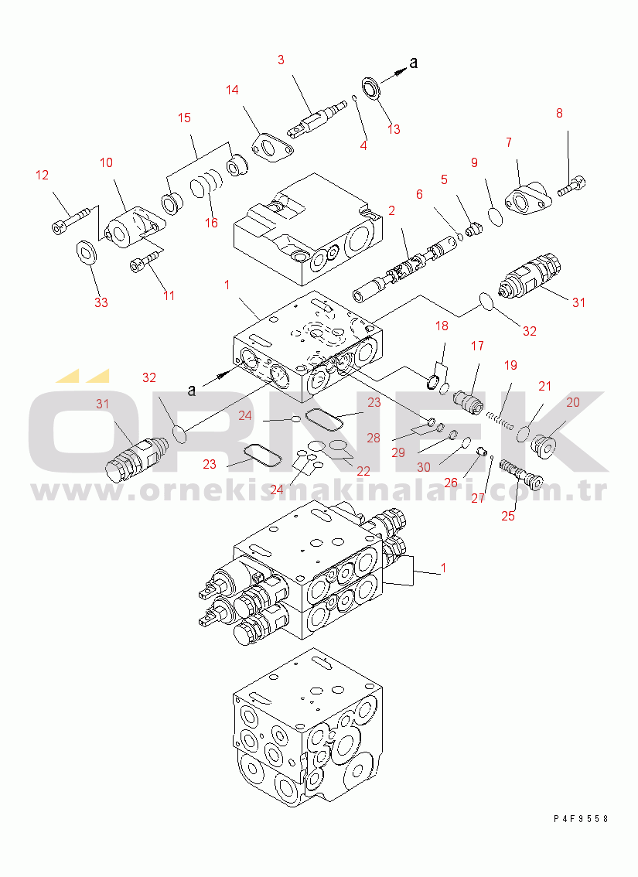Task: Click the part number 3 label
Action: click(x=281, y=60)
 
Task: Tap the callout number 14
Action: click(x=232, y=90)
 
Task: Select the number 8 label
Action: click(x=559, y=113)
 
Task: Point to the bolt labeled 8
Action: click(x=571, y=186)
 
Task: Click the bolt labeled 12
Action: click(x=70, y=220)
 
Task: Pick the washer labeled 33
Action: click(x=87, y=251)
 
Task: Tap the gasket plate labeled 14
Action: click(x=271, y=146)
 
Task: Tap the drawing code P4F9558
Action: click(x=581, y=819)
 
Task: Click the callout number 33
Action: click(x=101, y=302)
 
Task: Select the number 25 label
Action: click(x=508, y=516)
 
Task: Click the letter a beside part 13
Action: click(x=413, y=63)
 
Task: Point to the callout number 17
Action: click(x=477, y=346)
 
